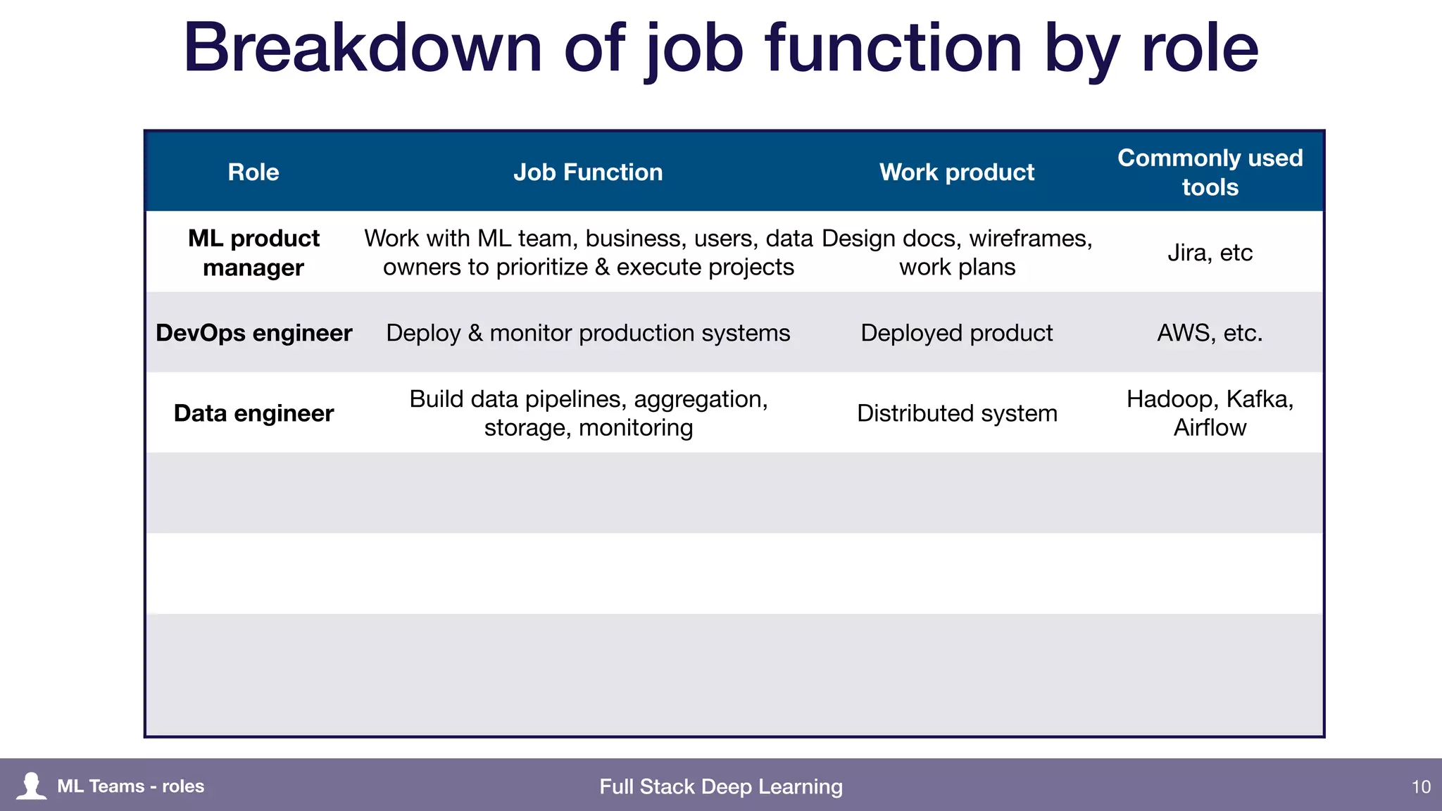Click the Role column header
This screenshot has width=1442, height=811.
coord(253,172)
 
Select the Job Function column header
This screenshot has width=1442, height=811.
coord(588,172)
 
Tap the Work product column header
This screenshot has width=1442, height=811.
coord(957,172)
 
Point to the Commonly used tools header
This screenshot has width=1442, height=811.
coord(1210,172)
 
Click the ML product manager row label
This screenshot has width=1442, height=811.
coord(253,253)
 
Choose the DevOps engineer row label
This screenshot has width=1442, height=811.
coord(253,333)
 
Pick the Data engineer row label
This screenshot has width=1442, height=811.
coord(253,413)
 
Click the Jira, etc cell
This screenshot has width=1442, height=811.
coord(1210,253)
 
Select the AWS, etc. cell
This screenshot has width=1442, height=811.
coord(1210,333)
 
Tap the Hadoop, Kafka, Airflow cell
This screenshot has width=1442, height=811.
coord(1210,413)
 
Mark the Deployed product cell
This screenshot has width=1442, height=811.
coord(957,333)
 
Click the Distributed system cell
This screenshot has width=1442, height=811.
coord(957,413)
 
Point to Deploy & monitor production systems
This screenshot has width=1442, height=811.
coord(588,333)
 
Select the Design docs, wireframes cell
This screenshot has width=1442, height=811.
coord(957,253)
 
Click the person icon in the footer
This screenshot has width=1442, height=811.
coord(31,786)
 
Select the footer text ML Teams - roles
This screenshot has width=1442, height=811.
coord(131,786)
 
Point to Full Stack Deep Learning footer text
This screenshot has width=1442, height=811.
coord(721,786)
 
